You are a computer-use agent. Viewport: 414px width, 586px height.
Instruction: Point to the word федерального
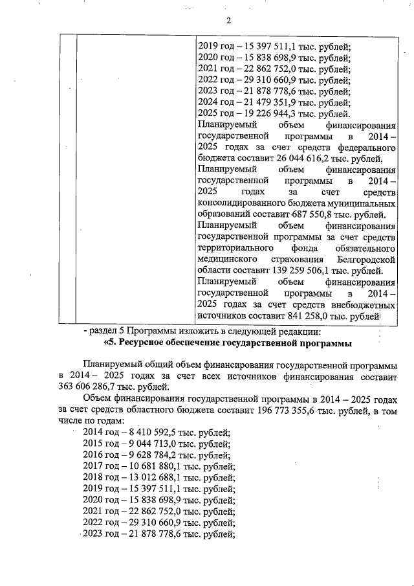pyautogui.click(x=365, y=147)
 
